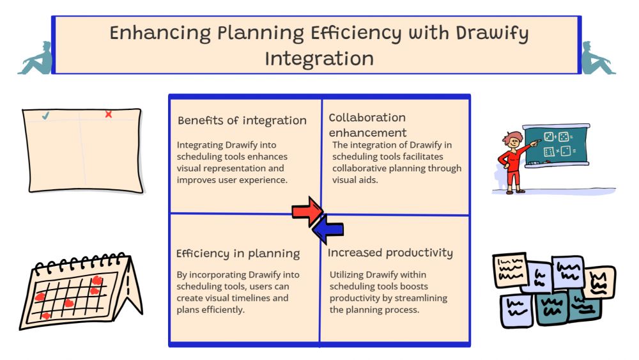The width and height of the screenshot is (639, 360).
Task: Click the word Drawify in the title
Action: tap(492, 33)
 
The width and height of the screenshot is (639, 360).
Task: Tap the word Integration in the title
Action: tap(319, 58)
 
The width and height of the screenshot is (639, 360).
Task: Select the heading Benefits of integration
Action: tap(242, 120)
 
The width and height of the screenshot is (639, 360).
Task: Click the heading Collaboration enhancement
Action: tap(367, 125)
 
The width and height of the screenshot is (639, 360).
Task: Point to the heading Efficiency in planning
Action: tap(238, 254)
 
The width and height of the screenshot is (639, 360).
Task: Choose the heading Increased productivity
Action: tap(390, 253)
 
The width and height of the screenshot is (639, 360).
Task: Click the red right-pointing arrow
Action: tap(307, 211)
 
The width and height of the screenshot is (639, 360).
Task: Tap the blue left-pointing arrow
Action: tap(328, 230)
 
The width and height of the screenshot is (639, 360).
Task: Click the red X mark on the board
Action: tap(109, 114)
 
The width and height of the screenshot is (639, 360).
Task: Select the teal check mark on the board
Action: tap(45, 116)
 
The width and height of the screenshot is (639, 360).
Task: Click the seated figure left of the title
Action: tap(36, 58)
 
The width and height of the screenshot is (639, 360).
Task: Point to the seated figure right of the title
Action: tap(598, 58)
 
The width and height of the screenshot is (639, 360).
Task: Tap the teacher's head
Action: tap(513, 140)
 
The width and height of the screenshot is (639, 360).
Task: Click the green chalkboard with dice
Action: tap(557, 145)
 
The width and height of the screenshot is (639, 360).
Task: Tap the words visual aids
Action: tap(355, 180)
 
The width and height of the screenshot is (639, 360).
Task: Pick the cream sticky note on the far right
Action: tap(600, 282)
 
